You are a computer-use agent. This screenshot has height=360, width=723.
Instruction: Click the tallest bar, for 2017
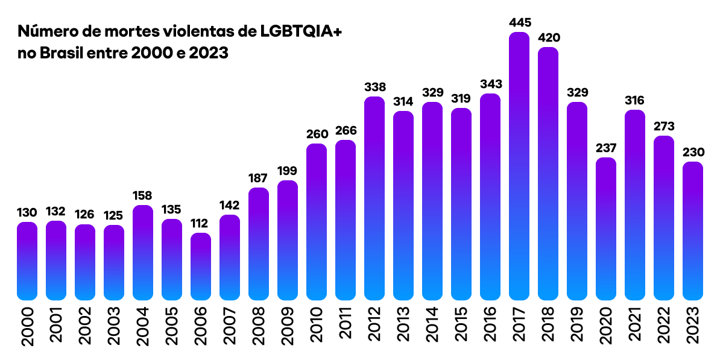point(519,166)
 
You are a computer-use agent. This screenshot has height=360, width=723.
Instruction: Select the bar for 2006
point(201,267)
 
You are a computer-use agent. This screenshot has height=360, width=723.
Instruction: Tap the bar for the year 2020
point(606,229)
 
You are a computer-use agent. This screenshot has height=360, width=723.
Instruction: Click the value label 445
point(519,23)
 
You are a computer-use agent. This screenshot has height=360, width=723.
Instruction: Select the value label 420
point(548,38)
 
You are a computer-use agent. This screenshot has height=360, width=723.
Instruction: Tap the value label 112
point(201,224)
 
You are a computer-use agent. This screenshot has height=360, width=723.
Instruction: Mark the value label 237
point(606,148)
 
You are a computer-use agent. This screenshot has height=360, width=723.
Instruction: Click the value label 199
point(288,171)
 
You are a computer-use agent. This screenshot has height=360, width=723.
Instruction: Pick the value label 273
point(664,127)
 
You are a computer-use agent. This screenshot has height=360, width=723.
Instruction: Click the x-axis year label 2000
point(28,326)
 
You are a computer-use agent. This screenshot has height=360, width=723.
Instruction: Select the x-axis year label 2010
point(317,326)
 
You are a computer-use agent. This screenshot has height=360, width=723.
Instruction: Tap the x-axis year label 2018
point(549,326)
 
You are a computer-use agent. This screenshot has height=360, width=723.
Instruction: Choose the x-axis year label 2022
point(665,326)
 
